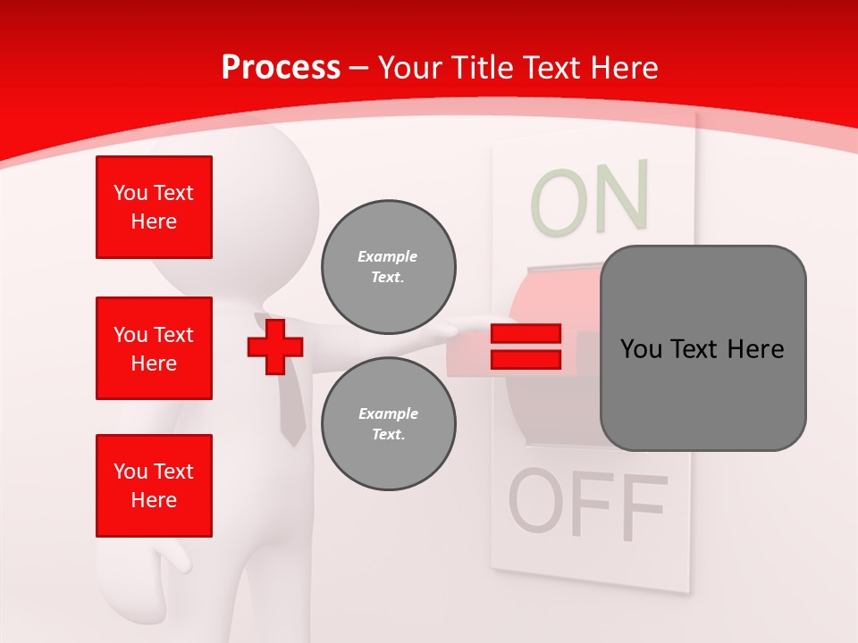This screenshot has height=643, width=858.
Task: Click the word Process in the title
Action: pyautogui.click(x=281, y=68)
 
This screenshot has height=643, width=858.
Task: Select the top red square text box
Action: pyautogui.click(x=154, y=207)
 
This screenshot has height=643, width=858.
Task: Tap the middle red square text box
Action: pyautogui.click(x=154, y=348)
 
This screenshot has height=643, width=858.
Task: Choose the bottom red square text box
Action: pyautogui.click(x=154, y=486)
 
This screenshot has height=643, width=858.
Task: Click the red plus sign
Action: pyautogui.click(x=275, y=347)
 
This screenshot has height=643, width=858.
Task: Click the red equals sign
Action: pyautogui.click(x=526, y=347)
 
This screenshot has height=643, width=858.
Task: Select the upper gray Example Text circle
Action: pyautogui.click(x=389, y=267)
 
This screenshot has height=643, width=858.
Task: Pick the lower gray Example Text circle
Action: pyautogui.click(x=389, y=424)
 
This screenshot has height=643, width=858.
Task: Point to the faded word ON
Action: pyautogui.click(x=590, y=199)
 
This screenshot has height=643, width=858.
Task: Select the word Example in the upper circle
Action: pyautogui.click(x=388, y=256)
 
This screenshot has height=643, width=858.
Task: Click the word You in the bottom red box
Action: pyautogui.click(x=130, y=472)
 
